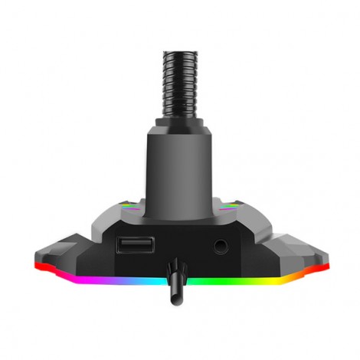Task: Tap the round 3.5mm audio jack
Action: pyautogui.click(x=222, y=247)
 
